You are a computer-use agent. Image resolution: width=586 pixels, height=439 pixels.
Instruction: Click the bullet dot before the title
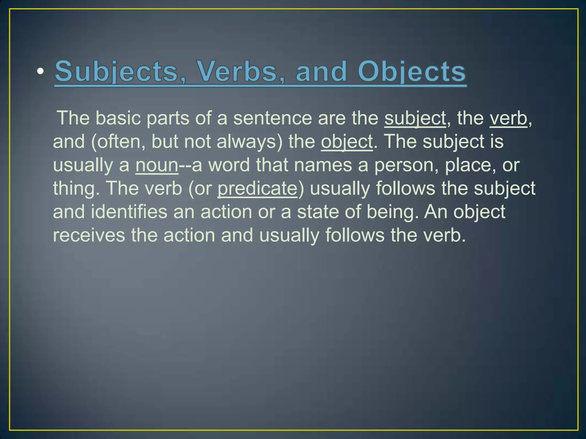pos(40,71)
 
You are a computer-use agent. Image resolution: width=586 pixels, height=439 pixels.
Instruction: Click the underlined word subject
pos(415,118)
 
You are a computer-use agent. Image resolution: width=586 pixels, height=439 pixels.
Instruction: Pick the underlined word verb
pos(508,118)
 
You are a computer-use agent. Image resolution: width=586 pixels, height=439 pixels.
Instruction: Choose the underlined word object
pos(347,141)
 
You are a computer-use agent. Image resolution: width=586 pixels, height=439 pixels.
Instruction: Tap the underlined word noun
pos(157,165)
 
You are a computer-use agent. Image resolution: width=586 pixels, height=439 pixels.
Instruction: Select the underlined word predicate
pos(258,188)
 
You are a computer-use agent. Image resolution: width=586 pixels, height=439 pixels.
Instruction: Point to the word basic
pos(118,118)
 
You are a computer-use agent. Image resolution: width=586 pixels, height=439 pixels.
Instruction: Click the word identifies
pos(129,212)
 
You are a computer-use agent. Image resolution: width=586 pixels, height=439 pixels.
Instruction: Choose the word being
pos(391,212)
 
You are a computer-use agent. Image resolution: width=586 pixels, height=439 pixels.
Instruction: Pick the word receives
pos(89,235)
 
